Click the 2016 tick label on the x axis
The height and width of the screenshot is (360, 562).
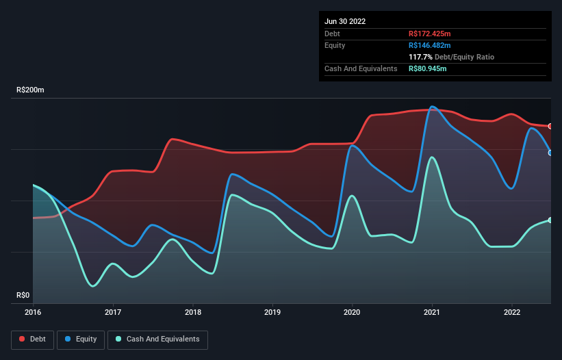click(33, 312)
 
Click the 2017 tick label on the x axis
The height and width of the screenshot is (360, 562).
click(113, 312)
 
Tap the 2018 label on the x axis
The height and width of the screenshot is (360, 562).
click(193, 312)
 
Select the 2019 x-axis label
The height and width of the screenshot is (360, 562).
click(272, 312)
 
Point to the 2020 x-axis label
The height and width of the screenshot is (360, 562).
click(353, 312)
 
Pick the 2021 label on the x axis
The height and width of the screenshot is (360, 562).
click(432, 312)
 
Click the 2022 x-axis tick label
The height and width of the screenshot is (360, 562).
click(512, 312)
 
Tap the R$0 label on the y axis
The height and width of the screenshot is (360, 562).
click(24, 296)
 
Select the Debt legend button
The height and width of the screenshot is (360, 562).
click(33, 339)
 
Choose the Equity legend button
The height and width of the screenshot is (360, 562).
click(81, 339)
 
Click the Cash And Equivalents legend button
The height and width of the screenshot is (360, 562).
click(157, 339)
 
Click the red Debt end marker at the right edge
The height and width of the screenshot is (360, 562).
click(550, 126)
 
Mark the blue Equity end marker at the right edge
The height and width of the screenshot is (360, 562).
click(550, 153)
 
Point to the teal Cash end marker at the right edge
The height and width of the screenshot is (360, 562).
click(550, 220)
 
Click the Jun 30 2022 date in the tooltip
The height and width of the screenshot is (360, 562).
click(345, 21)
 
